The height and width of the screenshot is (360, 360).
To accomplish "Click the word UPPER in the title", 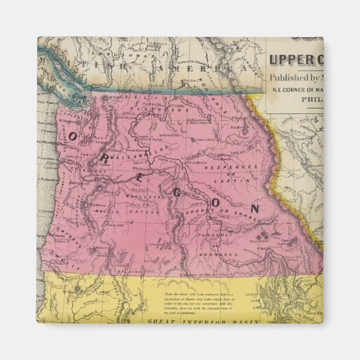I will [294, 58].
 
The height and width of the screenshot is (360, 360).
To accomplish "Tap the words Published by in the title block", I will [296, 77].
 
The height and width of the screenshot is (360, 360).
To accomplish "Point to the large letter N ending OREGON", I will [255, 209].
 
